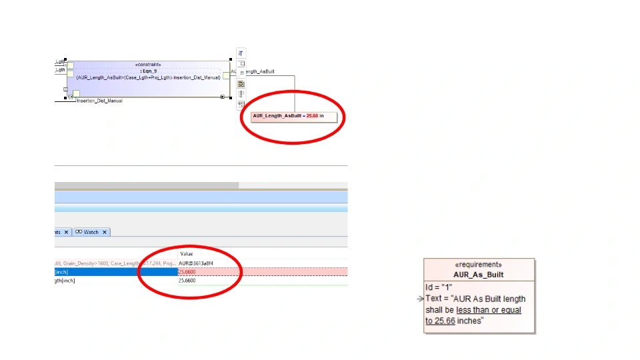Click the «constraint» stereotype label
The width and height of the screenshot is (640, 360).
pos(147,65)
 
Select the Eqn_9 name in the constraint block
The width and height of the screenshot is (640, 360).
pos(147,71)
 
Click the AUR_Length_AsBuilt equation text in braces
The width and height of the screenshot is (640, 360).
pos(148,78)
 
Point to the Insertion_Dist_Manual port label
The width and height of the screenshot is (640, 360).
pos(99,101)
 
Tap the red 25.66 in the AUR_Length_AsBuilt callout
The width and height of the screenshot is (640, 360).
pos(312,116)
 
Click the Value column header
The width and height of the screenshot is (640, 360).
pos(187,254)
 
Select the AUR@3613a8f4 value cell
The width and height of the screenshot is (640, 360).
pos(196,263)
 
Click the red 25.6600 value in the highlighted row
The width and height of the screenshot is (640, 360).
pos(187,272)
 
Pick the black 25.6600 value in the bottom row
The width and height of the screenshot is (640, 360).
pos(187,281)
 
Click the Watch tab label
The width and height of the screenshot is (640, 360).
pos(91,232)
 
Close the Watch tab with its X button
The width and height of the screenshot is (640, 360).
pos(105,232)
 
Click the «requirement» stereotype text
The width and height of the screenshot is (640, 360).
pos(478,265)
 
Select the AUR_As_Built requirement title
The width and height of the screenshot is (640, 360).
pos(478,275)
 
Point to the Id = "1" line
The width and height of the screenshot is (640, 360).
pos(439,287)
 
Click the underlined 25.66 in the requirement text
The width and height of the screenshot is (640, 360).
pos(440,321)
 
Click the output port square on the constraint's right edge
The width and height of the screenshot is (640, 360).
pos(226,75)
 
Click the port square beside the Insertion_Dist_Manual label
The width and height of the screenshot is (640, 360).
pos(76,94)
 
